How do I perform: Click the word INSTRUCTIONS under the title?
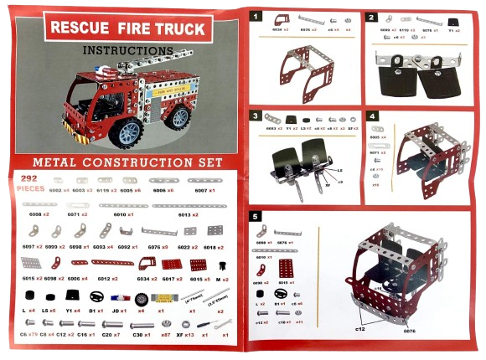tap(128, 50)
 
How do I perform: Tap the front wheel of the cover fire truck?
tap(131, 131)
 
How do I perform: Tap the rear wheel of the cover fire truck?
tap(185, 116)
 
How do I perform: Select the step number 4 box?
tap(372, 116)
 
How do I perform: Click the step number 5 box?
tap(256, 215)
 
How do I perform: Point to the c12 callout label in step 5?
tap(359, 328)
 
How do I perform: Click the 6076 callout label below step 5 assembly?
tap(408, 331)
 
